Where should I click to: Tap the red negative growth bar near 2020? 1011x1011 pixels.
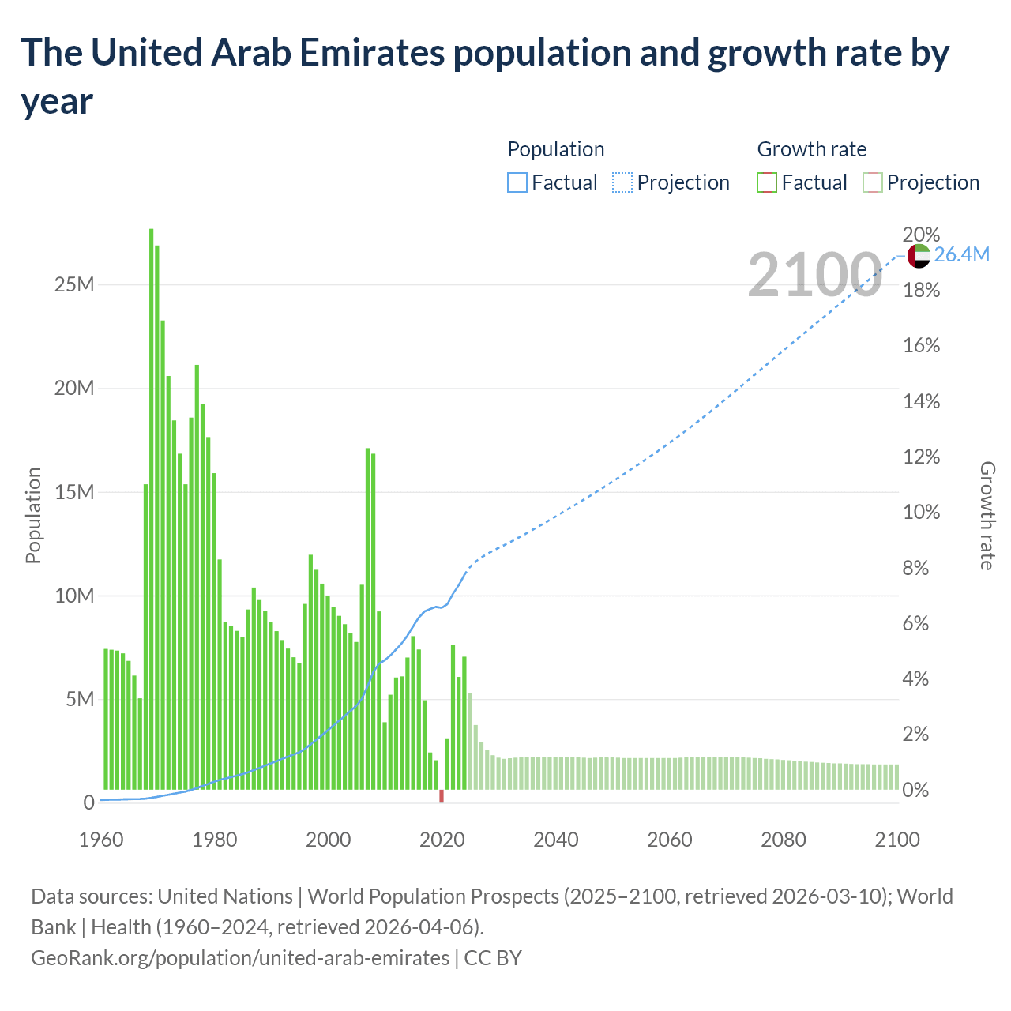[x=442, y=796]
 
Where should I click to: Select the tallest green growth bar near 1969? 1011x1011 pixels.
[x=151, y=509]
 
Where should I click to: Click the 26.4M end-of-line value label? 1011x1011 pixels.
[x=961, y=254]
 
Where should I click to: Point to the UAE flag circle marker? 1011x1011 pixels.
[x=919, y=255]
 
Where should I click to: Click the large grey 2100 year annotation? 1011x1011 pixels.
[x=814, y=275]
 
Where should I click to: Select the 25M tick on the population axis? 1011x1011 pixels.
[x=74, y=284]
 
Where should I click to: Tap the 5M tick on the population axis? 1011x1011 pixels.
[x=79, y=699]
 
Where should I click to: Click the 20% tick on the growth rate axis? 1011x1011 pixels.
[x=921, y=235]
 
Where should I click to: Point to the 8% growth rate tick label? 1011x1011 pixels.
[x=916, y=568]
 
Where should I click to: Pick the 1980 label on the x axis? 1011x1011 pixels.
[x=215, y=840]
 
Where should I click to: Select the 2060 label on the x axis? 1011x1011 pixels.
[x=670, y=840]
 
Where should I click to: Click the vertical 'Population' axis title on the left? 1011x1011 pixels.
[x=33, y=515]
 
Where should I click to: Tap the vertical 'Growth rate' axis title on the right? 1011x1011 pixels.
[x=987, y=515]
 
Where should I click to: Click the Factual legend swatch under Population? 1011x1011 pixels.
[x=517, y=182]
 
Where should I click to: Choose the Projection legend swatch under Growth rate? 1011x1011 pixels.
[x=873, y=182]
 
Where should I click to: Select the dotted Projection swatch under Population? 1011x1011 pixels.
[x=622, y=182]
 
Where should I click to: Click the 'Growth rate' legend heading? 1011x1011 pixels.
[x=811, y=149]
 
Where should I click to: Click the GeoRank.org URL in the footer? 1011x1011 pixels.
[x=240, y=958]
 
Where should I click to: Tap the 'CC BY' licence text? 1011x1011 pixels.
[x=493, y=958]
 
